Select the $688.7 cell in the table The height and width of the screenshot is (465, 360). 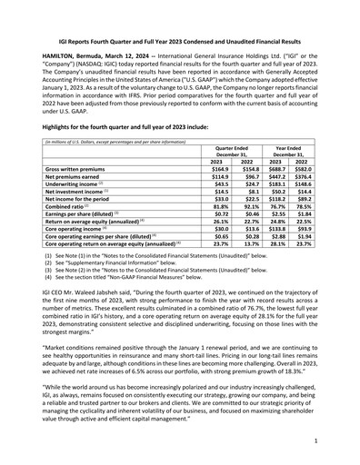(x=281, y=169)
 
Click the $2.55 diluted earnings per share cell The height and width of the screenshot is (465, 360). (x=282, y=218)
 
